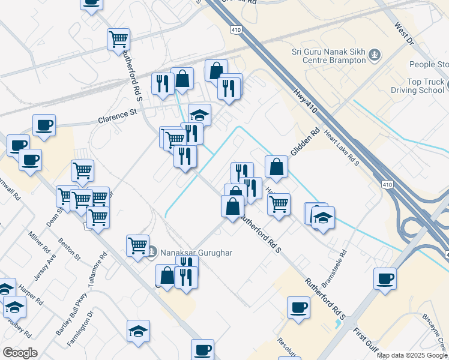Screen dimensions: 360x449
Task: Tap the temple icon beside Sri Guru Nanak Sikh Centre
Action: [x=375, y=56]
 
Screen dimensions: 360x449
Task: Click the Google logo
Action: [x=20, y=353]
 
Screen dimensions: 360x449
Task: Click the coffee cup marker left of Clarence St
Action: [x=44, y=125]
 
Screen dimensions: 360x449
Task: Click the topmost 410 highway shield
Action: [x=235, y=28]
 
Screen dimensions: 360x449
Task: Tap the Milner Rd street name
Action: [x=40, y=241]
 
